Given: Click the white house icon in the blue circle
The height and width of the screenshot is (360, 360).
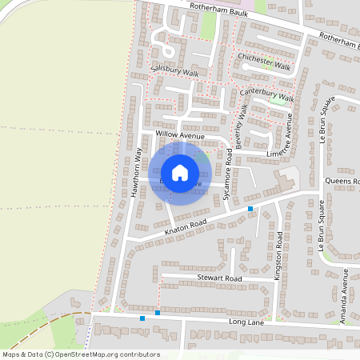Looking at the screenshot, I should click(x=180, y=173).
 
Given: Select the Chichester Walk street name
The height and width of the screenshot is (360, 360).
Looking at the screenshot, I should click(x=266, y=62).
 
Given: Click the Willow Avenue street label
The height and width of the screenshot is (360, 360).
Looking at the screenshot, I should click(x=180, y=136).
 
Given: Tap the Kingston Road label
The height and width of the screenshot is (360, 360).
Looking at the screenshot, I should click(x=279, y=251).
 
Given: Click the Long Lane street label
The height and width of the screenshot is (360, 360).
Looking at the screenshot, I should click(x=245, y=322).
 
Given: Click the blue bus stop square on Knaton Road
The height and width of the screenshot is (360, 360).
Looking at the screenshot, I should click(x=250, y=208).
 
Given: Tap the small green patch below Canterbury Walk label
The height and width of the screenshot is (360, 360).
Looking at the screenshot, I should click(x=278, y=102).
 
